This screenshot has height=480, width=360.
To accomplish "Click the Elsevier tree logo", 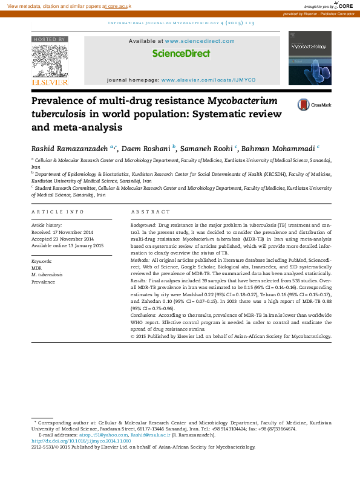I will pos(50,61).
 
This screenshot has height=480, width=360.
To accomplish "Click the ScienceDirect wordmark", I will pos(181,53).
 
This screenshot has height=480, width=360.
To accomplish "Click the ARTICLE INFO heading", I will pos(57,212).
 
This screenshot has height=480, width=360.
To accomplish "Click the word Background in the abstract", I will pos(143,224).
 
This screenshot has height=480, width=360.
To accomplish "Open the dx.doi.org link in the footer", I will pos(80,441).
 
